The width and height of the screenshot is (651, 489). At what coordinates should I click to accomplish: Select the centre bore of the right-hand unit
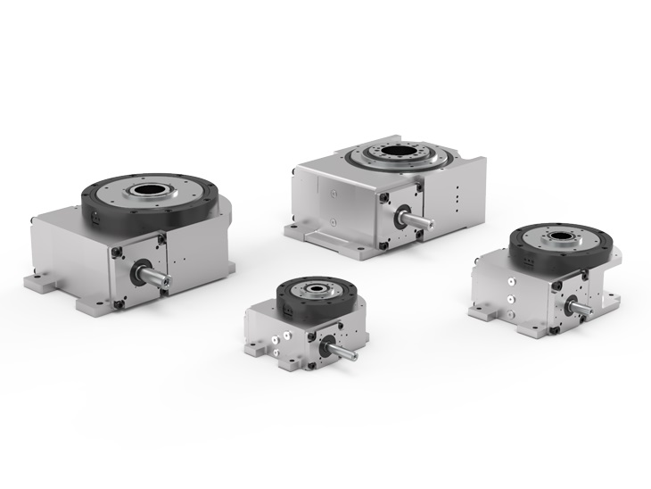562,238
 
